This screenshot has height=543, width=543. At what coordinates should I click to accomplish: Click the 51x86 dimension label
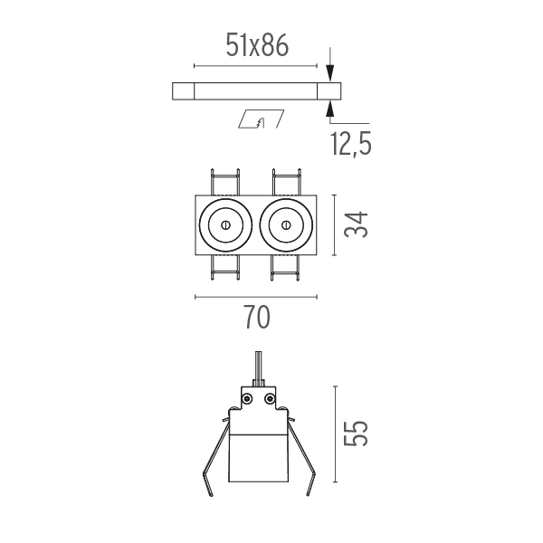[257, 45]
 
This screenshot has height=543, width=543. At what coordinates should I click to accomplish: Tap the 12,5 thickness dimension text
[351, 144]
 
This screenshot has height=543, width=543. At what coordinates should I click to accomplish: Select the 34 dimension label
[356, 224]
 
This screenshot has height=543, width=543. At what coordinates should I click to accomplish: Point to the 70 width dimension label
[258, 317]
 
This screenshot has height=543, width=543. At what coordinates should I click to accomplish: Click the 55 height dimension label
[356, 433]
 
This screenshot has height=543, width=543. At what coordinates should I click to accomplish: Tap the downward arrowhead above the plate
[330, 73]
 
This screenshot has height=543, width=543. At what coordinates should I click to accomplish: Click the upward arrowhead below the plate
[330, 109]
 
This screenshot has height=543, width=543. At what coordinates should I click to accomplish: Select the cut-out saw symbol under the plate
[262, 119]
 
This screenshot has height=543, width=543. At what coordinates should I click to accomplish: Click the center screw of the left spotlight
[225, 225]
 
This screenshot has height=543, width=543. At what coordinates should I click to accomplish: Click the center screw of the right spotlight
[286, 225]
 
